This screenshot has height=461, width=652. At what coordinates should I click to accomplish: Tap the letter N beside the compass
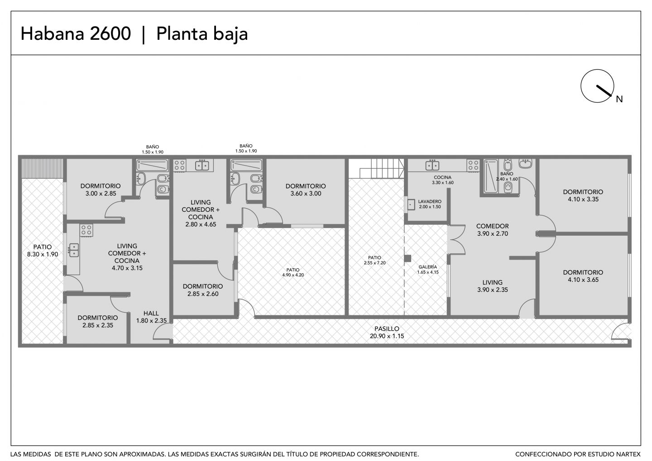click(619, 99)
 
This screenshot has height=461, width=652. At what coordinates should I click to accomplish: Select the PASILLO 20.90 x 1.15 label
click(387, 333)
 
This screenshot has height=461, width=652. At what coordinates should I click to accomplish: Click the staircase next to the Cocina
click(376, 168)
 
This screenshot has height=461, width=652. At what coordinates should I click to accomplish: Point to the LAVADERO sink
click(411, 204)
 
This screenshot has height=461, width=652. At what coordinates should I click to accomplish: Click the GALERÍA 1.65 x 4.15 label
click(427, 270)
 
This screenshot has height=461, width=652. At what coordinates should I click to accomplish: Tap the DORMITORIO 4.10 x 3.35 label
click(583, 195)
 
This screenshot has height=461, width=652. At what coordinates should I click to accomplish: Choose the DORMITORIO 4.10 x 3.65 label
click(583, 276)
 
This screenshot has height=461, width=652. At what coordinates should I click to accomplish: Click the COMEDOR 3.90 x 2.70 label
click(493, 230)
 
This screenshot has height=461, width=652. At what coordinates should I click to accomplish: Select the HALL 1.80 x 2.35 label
click(151, 317)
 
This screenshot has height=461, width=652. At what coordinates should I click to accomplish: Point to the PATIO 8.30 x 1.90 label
click(43, 251)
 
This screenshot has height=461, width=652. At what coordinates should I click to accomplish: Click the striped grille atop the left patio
click(43, 168)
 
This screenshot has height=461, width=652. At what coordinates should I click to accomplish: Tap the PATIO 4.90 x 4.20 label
click(293, 272)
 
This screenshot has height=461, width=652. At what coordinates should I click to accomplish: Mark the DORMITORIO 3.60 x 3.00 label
click(306, 190)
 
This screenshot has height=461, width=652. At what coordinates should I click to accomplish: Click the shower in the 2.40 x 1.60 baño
click(491, 176)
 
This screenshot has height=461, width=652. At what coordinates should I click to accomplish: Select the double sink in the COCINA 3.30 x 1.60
click(432, 165)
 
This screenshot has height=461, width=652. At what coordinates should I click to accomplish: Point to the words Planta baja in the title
click(202, 34)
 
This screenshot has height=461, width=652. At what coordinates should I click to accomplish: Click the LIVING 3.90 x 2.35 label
click(493, 286)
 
